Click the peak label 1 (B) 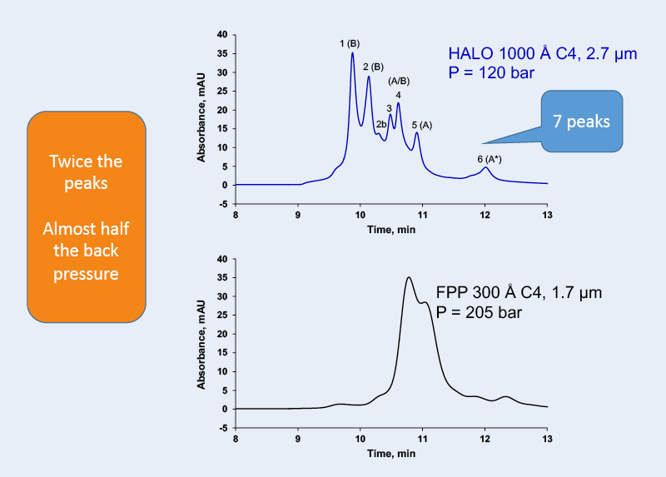pos(350,43)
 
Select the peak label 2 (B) pos(373,67)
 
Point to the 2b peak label pos(380,124)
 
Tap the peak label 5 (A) pos(422,124)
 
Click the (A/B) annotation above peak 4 pos(399,81)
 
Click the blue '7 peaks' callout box pos(582,122)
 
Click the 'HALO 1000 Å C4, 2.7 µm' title pos(543,55)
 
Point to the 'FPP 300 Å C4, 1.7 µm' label pos(519,293)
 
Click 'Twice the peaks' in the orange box pos(87,171)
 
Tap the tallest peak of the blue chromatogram pos(352,54)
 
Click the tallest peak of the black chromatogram pos(408,278)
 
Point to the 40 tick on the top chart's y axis pos(221,35)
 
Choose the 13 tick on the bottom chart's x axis pos(546,438)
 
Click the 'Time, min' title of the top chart pos(391,226)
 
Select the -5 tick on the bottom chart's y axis pos(221,428)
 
